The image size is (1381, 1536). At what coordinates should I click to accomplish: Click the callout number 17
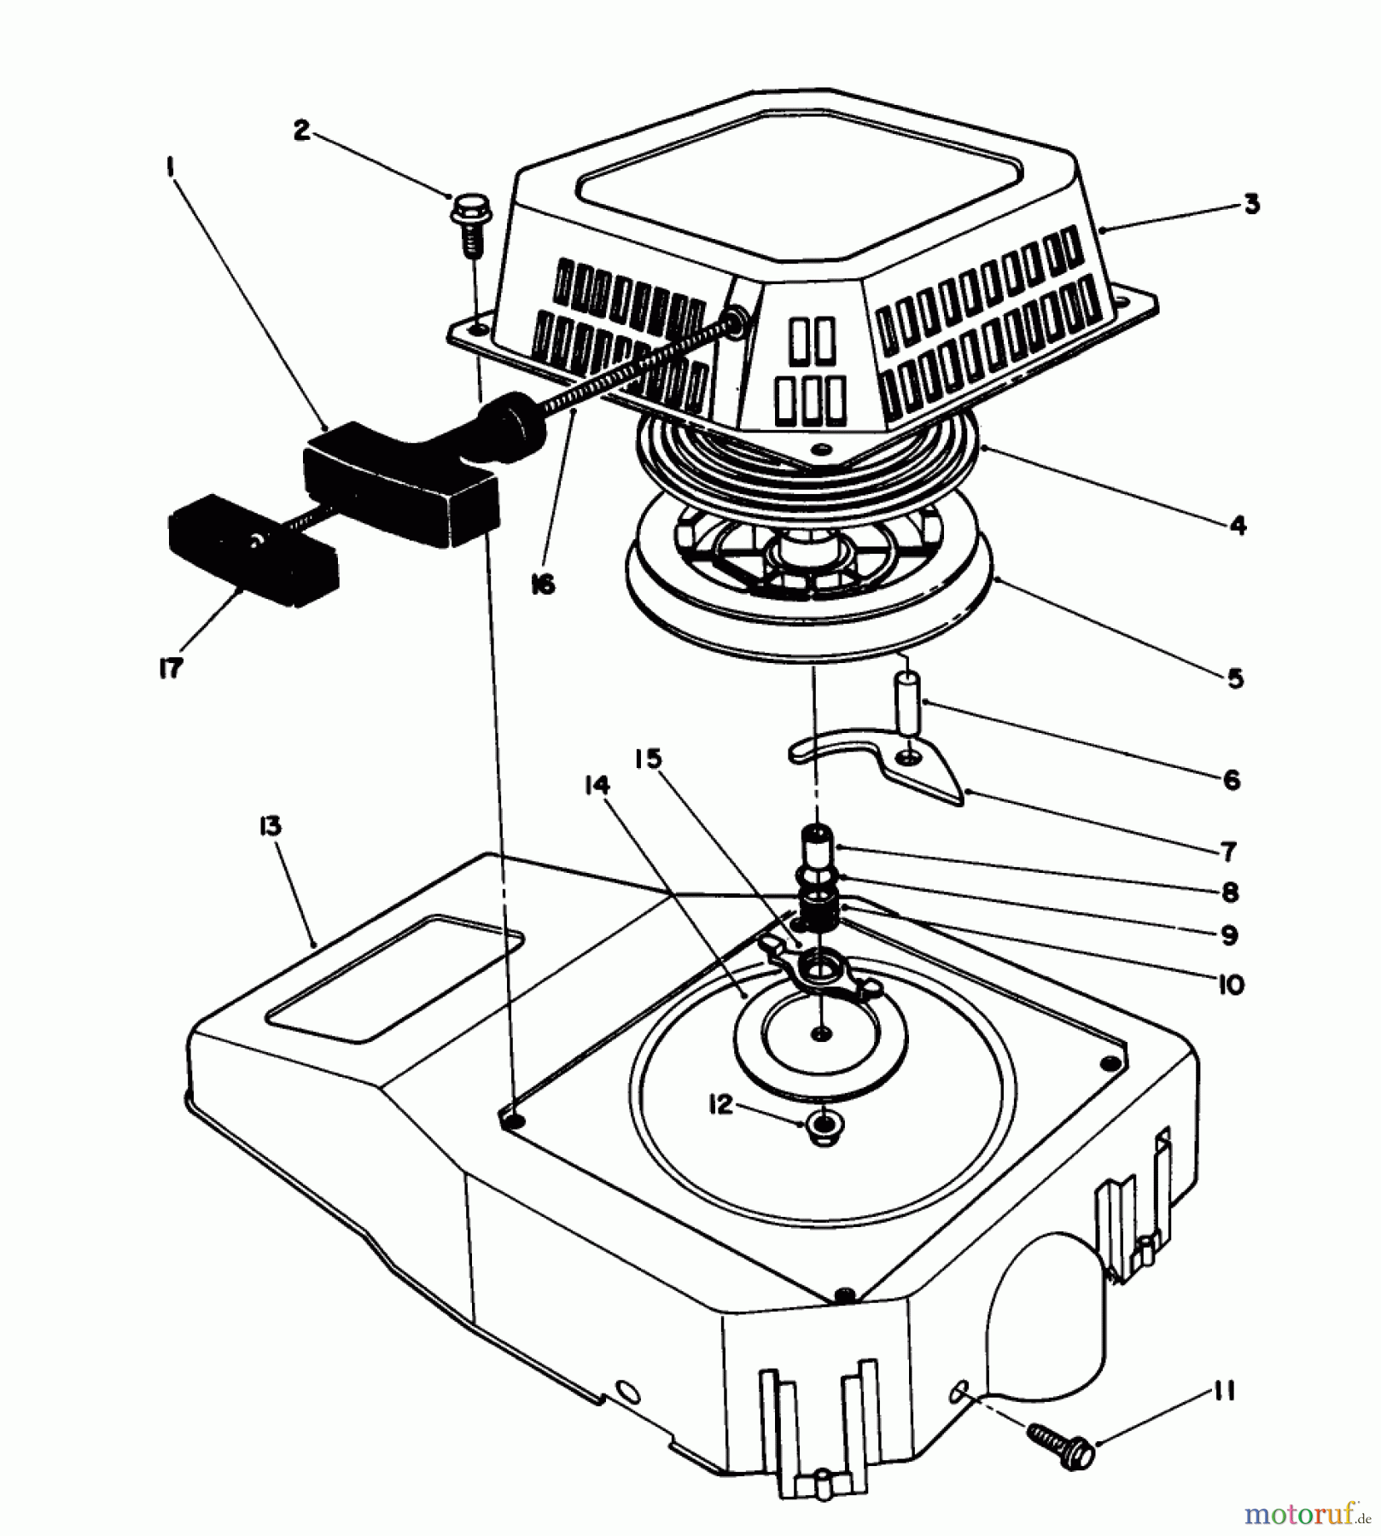click(x=171, y=669)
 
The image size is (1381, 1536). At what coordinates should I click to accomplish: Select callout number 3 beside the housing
click(x=1250, y=205)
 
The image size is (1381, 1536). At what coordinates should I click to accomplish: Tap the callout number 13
click(x=271, y=827)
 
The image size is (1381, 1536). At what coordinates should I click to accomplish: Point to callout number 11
click(x=1223, y=1392)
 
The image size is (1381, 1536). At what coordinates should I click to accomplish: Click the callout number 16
click(x=543, y=585)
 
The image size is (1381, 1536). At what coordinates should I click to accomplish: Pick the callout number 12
click(x=720, y=1105)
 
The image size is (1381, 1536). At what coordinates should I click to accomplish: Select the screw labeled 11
click(x=1058, y=1442)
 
